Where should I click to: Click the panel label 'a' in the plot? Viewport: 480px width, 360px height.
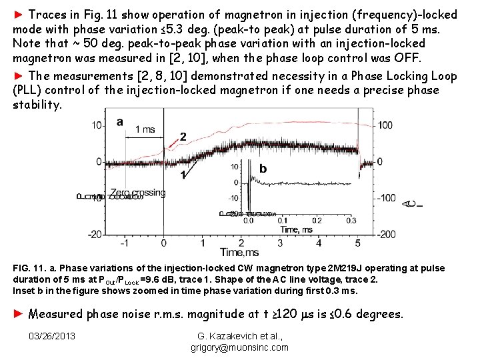(120, 122)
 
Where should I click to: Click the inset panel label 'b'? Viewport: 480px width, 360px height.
(263, 169)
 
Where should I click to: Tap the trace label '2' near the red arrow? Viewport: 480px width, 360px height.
(183, 137)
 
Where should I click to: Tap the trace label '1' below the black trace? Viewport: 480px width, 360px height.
(182, 175)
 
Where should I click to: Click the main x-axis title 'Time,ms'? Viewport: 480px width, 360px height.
(239, 252)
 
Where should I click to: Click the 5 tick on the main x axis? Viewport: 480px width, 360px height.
(358, 243)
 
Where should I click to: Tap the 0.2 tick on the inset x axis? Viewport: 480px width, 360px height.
(317, 220)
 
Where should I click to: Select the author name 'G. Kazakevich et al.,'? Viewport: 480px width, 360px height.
(239, 335)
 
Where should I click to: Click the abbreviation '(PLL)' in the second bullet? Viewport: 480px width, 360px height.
(29, 89)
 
